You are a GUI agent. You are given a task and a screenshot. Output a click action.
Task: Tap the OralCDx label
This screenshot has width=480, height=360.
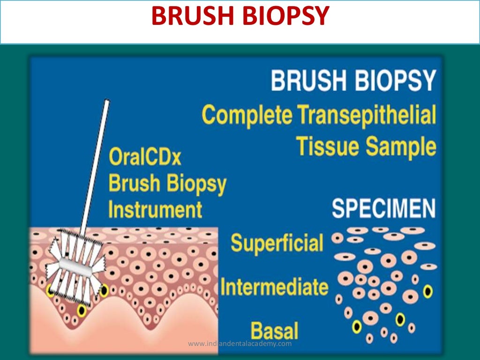tap(145, 157)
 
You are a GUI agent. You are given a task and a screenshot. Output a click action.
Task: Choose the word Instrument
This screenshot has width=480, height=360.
tap(155, 209)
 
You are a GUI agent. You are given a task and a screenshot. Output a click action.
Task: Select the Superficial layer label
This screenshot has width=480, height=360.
tap(277, 243)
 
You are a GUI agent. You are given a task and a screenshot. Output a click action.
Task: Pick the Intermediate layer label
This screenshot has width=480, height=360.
tap(274, 286)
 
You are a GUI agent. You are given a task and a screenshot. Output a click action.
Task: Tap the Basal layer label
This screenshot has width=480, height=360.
tap(275, 330)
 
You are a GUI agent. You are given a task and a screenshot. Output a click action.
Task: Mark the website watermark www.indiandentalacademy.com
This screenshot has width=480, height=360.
tap(240, 344)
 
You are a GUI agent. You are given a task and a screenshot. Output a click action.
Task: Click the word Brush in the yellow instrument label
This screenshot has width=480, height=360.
tap(135, 183)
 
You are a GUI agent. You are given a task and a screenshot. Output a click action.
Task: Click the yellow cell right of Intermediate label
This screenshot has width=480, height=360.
tap(427, 292)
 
